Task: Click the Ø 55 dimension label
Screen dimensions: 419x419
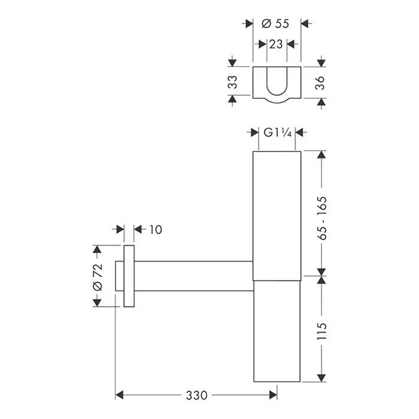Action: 275,24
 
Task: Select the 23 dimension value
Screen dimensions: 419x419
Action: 276,44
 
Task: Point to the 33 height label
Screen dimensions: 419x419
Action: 233,82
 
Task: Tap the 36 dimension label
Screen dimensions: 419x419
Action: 320,83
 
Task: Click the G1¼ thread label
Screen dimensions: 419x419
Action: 277,132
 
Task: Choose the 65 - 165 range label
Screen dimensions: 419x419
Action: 323,218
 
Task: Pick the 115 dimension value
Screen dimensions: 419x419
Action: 322,332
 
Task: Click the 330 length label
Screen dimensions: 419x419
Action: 196,395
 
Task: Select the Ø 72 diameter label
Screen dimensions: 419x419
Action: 97,277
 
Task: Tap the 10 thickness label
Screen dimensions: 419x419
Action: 156,229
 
